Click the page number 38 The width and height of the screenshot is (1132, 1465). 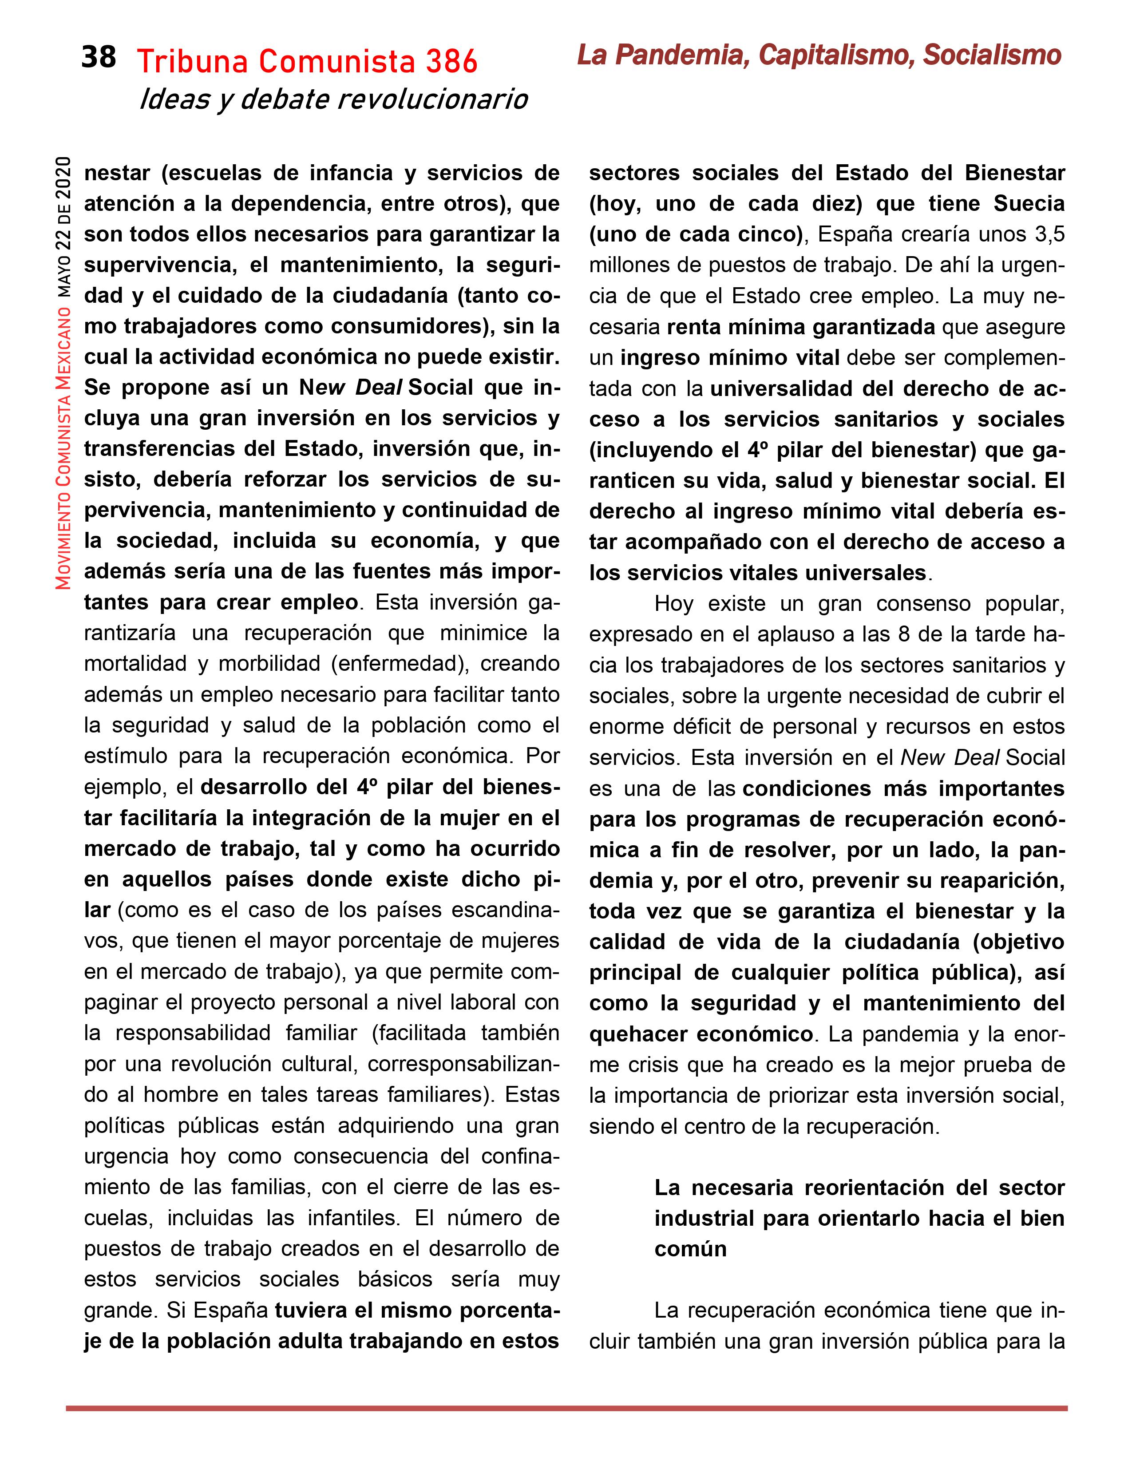point(99,58)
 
